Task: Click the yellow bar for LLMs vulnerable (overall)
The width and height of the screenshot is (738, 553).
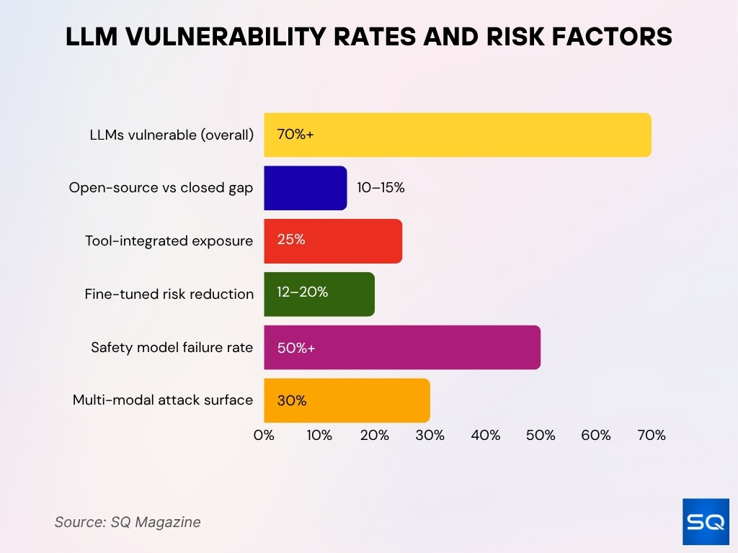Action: [x=458, y=135]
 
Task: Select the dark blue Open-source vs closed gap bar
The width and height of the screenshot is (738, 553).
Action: [x=305, y=188]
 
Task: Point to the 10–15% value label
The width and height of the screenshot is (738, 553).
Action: [x=381, y=188]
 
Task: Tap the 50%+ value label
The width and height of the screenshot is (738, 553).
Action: [x=296, y=347]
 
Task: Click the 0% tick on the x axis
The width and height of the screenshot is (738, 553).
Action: [x=264, y=436]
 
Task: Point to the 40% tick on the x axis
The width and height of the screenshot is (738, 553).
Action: [x=485, y=436]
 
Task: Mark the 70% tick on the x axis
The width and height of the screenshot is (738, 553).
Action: [x=652, y=436]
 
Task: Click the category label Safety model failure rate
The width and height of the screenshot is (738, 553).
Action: [x=172, y=347]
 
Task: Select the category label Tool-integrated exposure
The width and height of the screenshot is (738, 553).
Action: [x=169, y=240]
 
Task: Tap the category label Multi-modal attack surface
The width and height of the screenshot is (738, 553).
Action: [x=163, y=400]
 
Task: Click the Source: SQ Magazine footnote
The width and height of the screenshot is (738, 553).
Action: [x=128, y=522]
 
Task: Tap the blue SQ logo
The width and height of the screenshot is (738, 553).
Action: [x=705, y=521]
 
